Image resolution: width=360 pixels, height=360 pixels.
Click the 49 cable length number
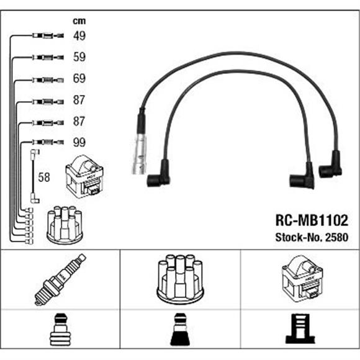[79, 36]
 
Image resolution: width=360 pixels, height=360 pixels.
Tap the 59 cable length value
[79, 57]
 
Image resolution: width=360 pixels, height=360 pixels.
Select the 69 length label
[79, 78]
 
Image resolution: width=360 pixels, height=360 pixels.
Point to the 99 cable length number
[79, 142]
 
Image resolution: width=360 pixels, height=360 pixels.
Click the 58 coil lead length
[44, 178]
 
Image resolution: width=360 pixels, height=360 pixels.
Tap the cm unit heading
[79, 21]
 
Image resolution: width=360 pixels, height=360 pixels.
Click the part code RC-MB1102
[312, 220]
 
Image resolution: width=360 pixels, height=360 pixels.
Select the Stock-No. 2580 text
[312, 237]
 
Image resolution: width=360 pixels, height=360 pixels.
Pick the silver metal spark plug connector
[139, 153]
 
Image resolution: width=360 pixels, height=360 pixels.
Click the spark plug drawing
[60, 279]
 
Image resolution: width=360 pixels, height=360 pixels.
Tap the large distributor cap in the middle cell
[180, 279]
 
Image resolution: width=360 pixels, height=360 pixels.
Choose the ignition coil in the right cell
[302, 278]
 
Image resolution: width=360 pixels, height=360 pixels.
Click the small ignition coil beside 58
[84, 176]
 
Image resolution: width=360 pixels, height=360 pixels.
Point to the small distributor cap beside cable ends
[65, 225]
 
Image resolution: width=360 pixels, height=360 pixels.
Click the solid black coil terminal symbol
[300, 329]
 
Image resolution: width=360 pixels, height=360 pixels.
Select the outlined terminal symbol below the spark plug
[60, 329]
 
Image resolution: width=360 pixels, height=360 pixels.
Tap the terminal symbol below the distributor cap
[180, 329]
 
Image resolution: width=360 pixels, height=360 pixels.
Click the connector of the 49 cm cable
[48, 35]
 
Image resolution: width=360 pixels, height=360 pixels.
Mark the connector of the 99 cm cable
[48, 142]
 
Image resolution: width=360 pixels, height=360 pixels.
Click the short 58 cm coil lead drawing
[34, 176]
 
